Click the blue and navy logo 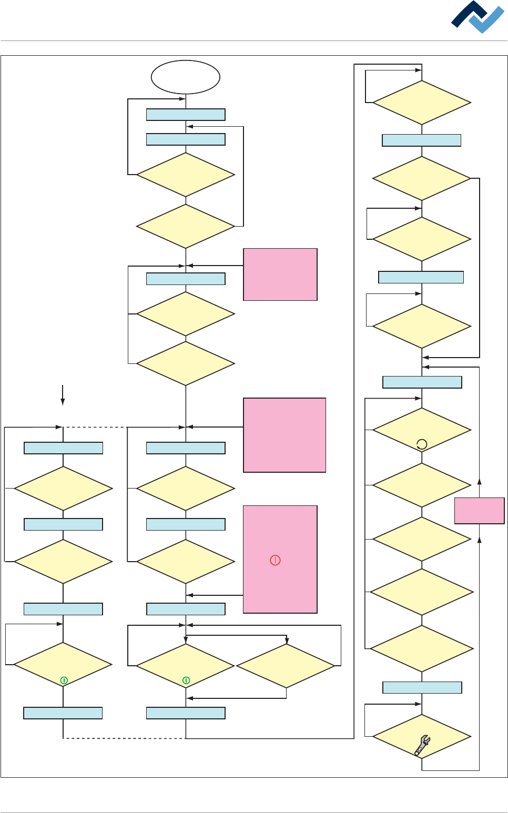(477, 18)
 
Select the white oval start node (186, 77)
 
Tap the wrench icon (422, 745)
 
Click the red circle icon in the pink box (275, 560)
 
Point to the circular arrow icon (422, 444)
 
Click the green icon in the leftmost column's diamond (64, 680)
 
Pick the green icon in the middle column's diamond (186, 680)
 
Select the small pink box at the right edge (479, 511)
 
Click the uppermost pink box (280, 275)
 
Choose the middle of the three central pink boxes (285, 435)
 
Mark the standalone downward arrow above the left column (63, 395)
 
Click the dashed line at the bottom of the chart (124, 738)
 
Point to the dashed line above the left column (95, 427)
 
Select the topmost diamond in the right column (422, 103)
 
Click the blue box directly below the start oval (186, 115)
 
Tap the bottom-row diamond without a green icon (286, 666)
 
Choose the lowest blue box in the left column (63, 713)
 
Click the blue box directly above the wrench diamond (422, 687)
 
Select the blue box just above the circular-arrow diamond (422, 382)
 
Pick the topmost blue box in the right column (422, 140)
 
